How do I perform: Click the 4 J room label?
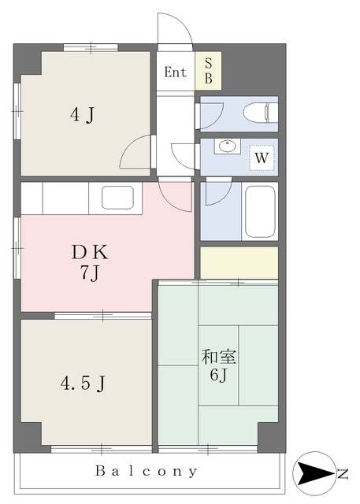(82, 115)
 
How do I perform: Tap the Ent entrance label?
(175, 72)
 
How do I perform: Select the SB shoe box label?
(208, 71)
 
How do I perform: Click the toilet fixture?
(261, 113)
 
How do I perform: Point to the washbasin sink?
(228, 146)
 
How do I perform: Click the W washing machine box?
(262, 157)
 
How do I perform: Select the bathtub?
(260, 211)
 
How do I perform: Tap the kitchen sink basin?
(117, 198)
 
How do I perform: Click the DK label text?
(90, 252)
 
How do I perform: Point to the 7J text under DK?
(89, 273)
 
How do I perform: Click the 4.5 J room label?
(83, 383)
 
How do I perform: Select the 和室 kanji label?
(218, 357)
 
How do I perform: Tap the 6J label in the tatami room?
(218, 374)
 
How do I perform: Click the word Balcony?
(147, 471)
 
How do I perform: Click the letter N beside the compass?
(343, 474)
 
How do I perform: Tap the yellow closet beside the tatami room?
(239, 262)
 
